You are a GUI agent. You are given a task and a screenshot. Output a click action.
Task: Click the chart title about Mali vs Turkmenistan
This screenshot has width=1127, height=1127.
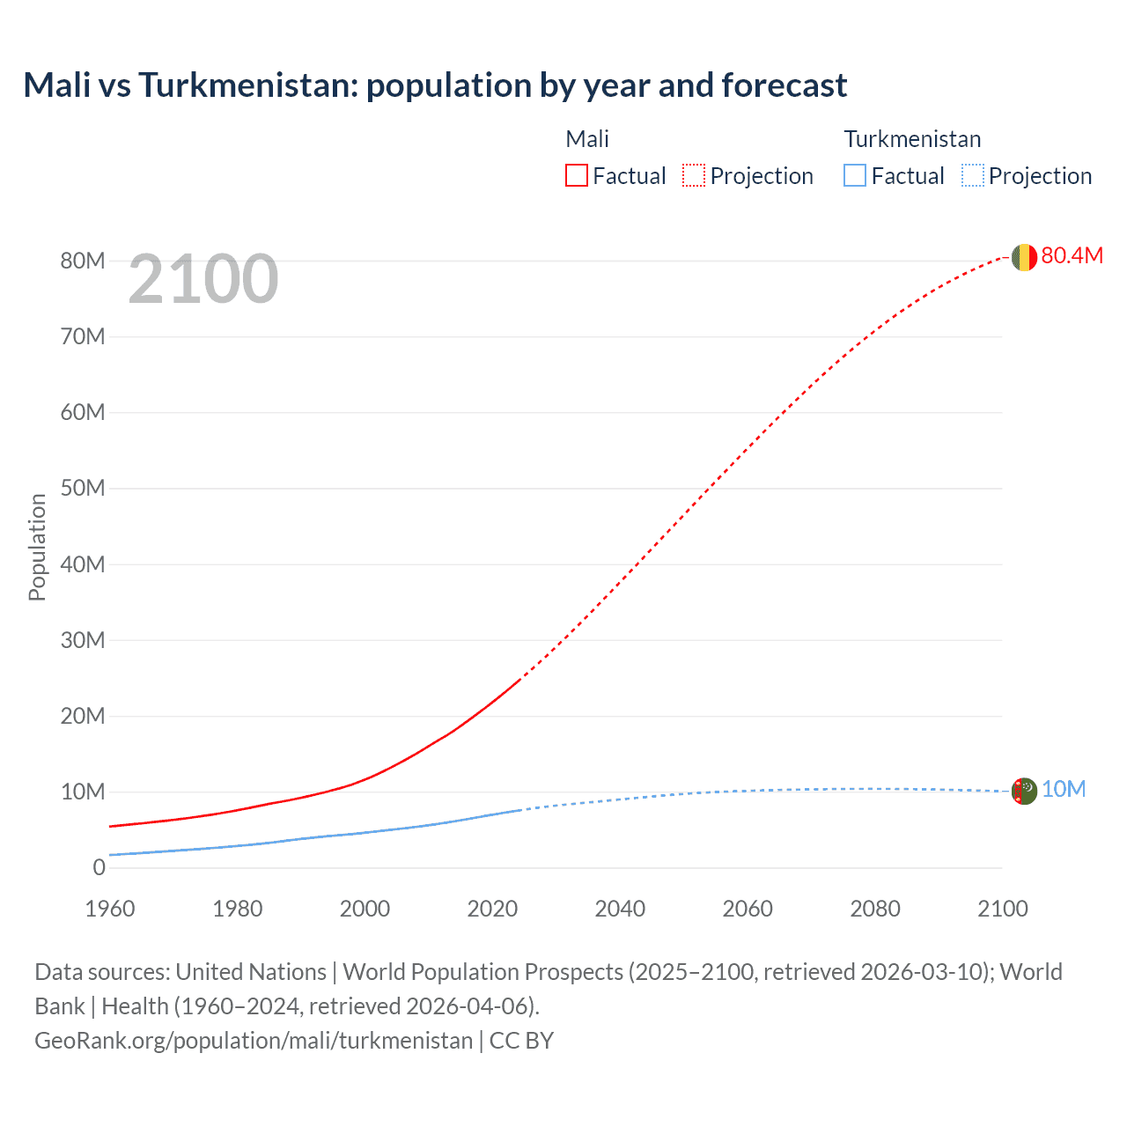pos(435,85)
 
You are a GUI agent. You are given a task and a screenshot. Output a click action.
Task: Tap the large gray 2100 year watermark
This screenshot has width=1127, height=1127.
pos(203,279)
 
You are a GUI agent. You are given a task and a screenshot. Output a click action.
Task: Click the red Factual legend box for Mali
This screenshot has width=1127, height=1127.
pos(577,175)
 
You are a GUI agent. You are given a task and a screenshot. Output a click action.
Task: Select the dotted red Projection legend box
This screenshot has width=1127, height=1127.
pos(694,175)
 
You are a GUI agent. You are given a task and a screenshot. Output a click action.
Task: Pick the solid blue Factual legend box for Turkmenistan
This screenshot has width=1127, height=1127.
pos(855,175)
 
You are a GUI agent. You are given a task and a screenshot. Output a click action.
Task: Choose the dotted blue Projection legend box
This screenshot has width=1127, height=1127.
pos(973,175)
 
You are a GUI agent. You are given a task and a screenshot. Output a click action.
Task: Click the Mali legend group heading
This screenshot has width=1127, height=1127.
pos(587,139)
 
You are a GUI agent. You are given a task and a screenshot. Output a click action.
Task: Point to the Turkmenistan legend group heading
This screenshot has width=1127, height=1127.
pos(912,139)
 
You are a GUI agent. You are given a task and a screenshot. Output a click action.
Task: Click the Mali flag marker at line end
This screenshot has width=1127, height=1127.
pos(1024,257)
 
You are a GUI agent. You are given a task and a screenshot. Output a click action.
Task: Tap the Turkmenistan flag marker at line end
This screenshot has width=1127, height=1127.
pos(1024,791)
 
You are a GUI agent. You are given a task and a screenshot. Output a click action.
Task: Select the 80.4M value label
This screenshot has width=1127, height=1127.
pos(1072,255)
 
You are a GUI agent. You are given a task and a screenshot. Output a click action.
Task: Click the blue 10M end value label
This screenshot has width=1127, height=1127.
pos(1064,789)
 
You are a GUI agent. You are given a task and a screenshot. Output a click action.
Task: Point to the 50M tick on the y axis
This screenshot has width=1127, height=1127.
pos(83,488)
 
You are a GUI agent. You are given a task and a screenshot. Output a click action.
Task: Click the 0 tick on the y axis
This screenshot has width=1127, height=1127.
pos(99,867)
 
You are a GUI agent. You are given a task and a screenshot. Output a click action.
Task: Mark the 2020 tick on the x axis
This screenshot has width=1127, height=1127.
pos(492,909)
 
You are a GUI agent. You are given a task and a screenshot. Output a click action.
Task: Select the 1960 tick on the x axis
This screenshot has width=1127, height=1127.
pos(110,909)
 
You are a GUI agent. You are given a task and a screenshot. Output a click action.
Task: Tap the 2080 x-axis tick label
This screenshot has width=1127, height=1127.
pos(875,909)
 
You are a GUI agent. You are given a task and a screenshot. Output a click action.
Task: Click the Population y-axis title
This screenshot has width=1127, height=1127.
pos(37,547)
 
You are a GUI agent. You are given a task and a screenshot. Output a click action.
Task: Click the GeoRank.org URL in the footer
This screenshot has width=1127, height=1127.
pos(254,1041)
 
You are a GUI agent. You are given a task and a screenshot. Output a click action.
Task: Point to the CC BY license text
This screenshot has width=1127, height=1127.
pos(521,1041)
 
